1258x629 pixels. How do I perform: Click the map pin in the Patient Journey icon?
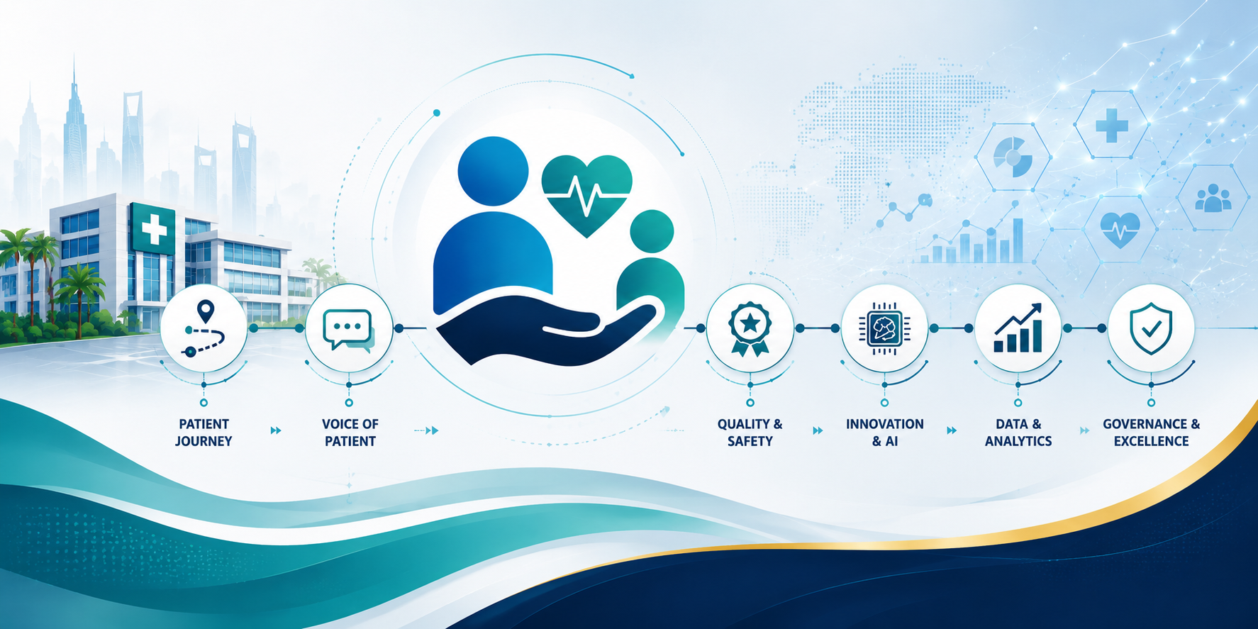tap(206, 310)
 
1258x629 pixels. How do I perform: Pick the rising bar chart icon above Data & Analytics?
tap(1018, 328)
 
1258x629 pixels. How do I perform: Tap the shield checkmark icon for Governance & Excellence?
tap(1151, 328)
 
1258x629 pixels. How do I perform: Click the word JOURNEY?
tap(204, 441)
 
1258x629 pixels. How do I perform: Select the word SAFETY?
tap(750, 441)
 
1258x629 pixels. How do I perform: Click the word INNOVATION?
tap(884, 424)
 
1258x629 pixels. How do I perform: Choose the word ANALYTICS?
tap(1018, 441)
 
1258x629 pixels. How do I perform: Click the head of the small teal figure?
tap(652, 231)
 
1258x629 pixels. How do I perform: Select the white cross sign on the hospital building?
tap(153, 229)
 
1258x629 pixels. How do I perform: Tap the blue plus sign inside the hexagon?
tap(1111, 125)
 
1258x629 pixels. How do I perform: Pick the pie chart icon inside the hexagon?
tap(1013, 157)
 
